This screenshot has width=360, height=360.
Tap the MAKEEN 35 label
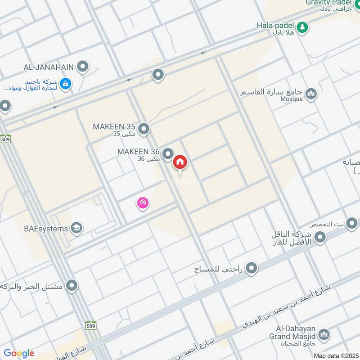point(114,126)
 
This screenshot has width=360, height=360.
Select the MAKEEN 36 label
point(139,152)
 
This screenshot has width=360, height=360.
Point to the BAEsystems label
point(45,229)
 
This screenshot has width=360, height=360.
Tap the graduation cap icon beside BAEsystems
point(76,228)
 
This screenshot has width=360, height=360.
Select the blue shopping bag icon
point(66,84)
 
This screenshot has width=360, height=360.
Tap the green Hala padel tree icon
point(303,27)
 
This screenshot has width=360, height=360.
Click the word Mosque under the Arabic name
point(291,99)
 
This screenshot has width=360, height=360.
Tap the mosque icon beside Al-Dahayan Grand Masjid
point(324,335)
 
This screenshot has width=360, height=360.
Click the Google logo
point(19,353)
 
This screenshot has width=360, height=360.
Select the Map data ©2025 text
point(336,356)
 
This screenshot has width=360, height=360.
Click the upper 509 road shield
point(5,139)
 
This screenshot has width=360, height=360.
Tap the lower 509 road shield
point(91,325)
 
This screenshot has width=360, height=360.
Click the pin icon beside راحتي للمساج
point(252,269)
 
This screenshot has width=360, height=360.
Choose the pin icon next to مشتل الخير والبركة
point(72,286)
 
